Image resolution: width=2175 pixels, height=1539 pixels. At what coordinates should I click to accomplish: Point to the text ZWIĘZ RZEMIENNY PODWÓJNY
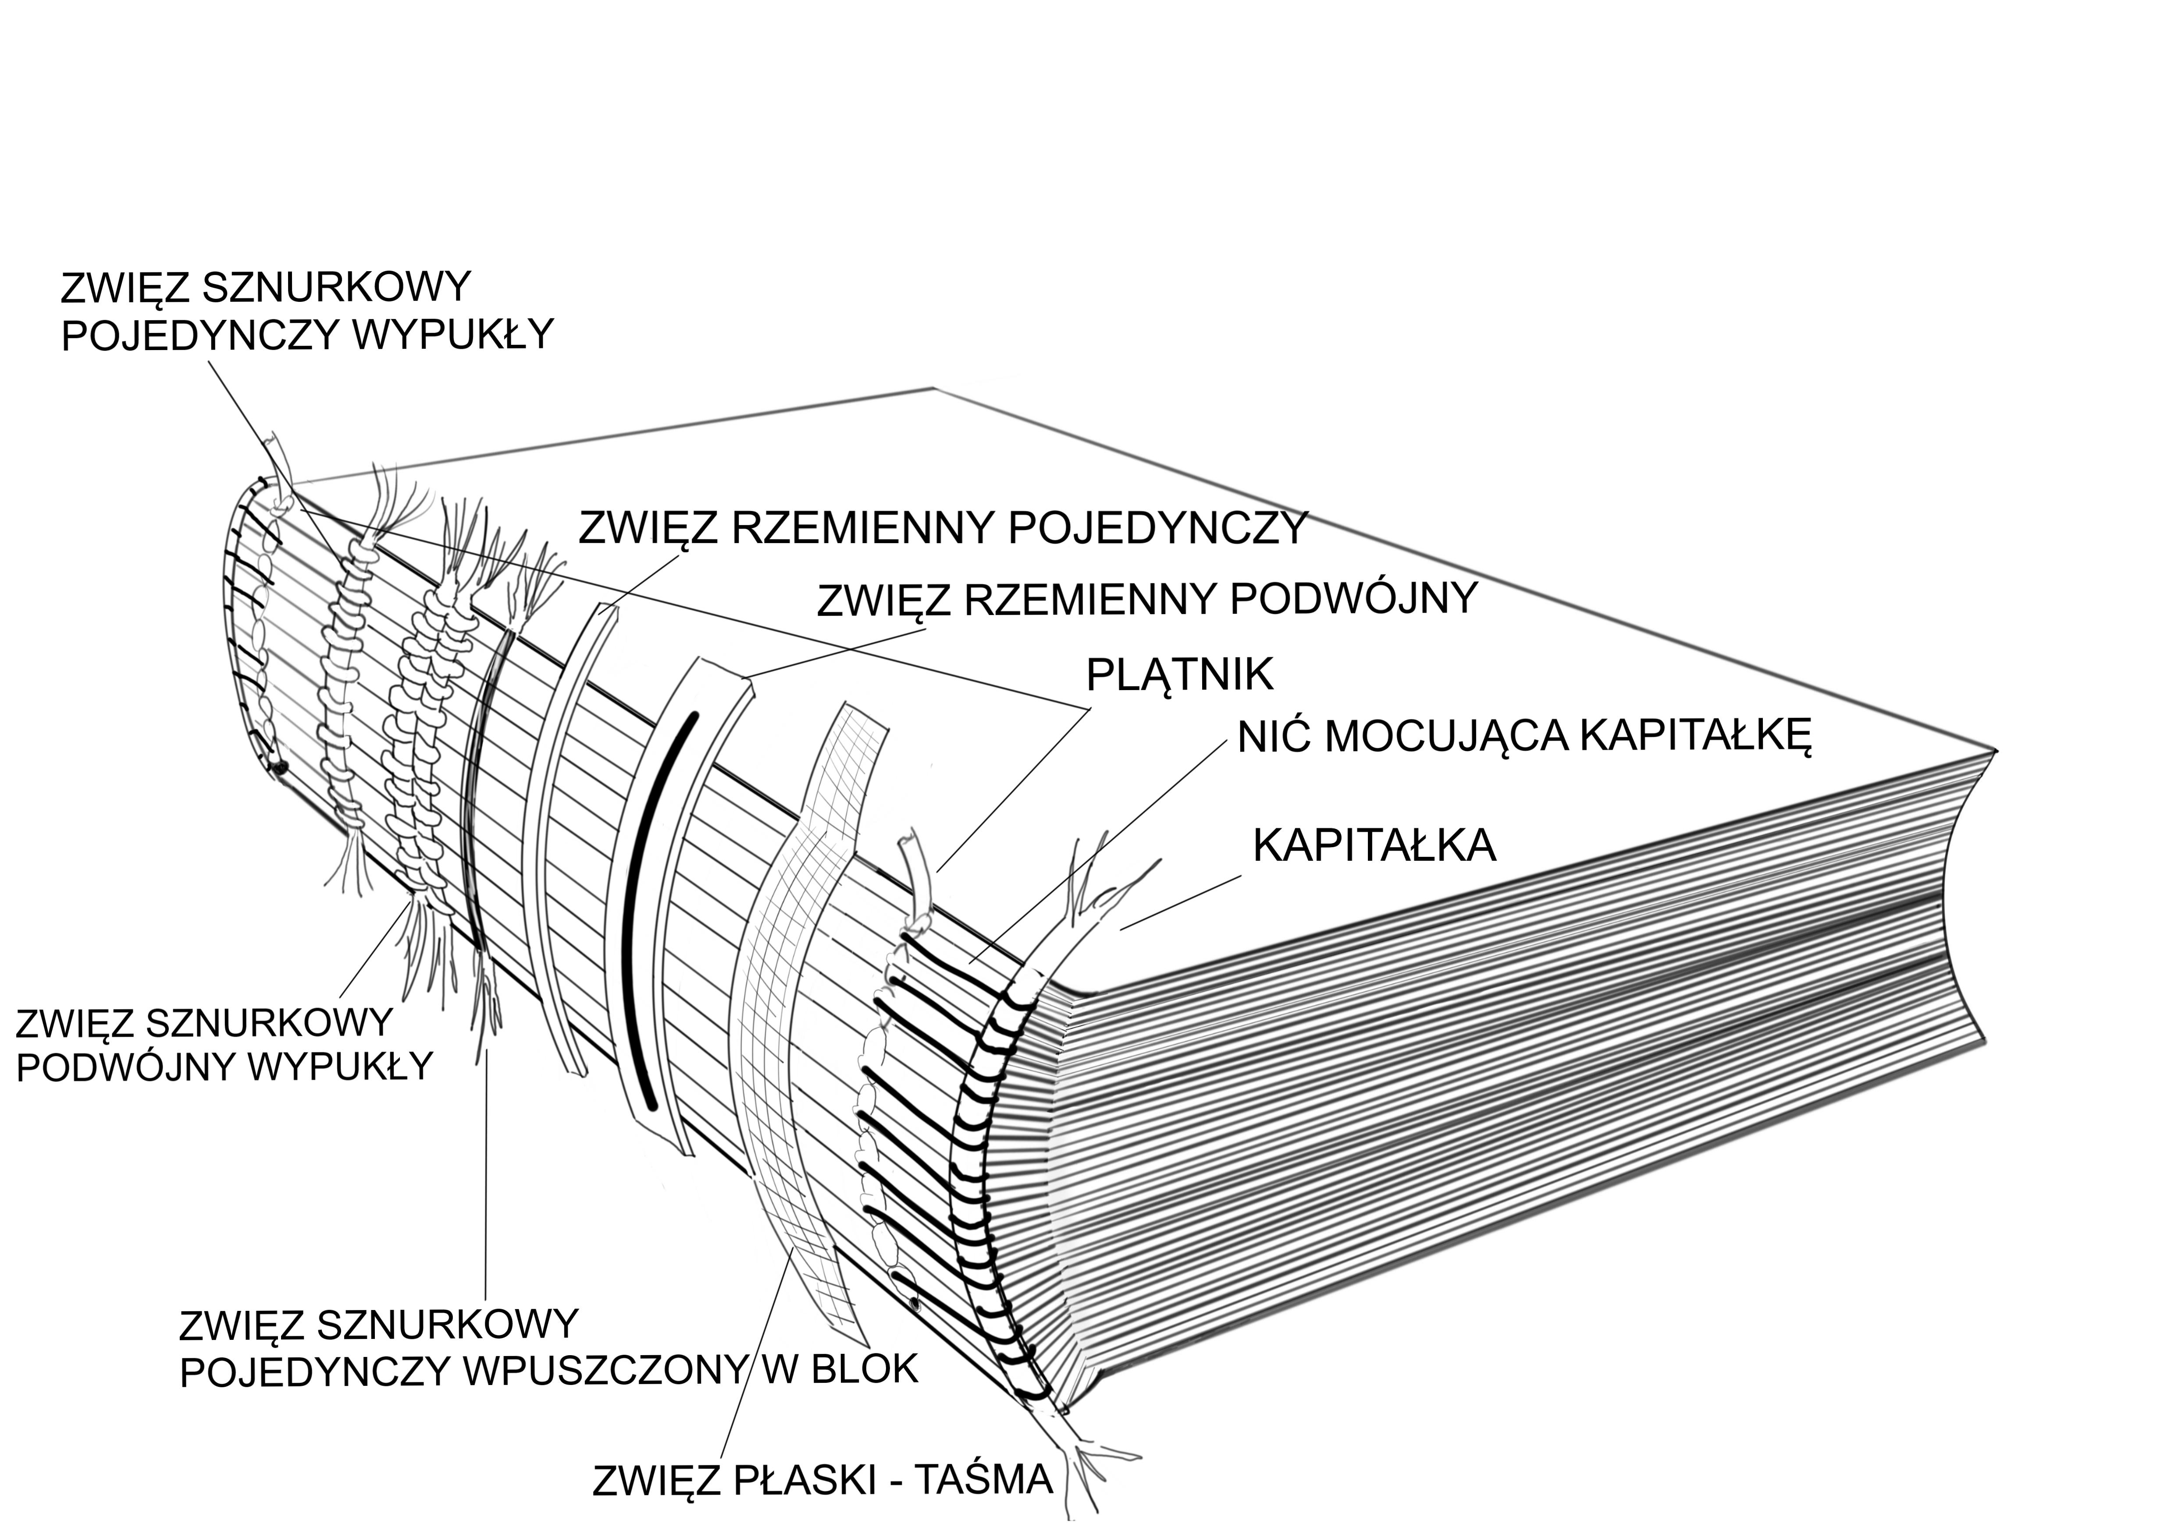1146,599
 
